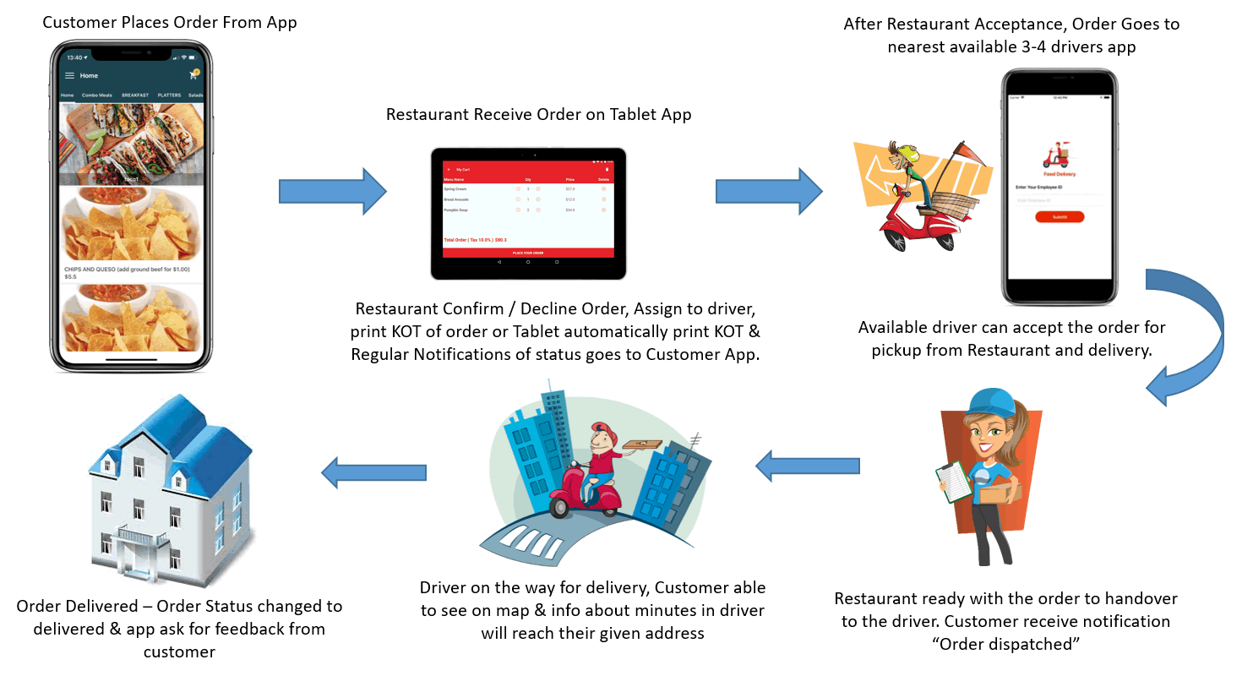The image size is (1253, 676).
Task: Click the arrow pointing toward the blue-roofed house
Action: point(372,472)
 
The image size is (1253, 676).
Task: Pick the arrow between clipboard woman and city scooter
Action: point(807,466)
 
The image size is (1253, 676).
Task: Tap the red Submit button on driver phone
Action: point(1060,217)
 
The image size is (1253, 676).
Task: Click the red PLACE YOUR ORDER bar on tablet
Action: point(528,253)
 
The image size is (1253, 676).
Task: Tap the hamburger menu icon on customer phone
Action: point(70,76)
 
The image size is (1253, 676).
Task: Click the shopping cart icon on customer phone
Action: point(193,75)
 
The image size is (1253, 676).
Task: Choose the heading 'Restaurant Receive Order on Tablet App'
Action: point(538,114)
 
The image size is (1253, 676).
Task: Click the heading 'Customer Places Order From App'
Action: point(170,22)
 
